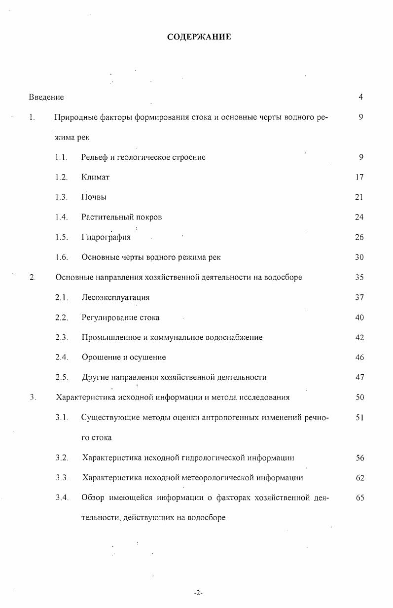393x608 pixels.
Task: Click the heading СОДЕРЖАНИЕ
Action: click(x=199, y=37)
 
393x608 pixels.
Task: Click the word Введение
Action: click(x=46, y=97)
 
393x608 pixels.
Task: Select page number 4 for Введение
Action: click(x=361, y=97)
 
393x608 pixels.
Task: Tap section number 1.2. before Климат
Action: click(x=61, y=178)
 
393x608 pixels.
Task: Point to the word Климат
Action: click(x=95, y=178)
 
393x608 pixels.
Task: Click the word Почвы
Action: click(x=94, y=197)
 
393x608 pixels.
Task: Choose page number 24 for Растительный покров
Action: click(x=359, y=217)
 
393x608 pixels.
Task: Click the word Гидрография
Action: click(x=106, y=237)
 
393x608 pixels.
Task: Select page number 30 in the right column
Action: click(x=359, y=257)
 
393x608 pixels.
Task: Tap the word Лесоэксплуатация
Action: click(x=115, y=297)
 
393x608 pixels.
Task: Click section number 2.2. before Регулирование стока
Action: click(x=61, y=318)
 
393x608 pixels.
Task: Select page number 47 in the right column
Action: click(x=359, y=378)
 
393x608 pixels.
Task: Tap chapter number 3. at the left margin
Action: click(x=33, y=397)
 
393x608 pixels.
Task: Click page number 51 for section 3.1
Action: click(x=359, y=418)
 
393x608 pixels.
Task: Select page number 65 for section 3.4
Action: click(x=359, y=498)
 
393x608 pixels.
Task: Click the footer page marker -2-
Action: click(x=198, y=593)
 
